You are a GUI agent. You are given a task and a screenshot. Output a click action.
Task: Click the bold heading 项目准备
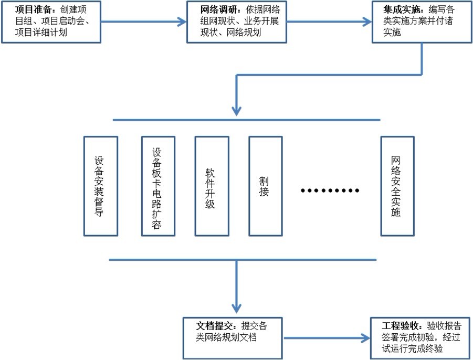(33, 9)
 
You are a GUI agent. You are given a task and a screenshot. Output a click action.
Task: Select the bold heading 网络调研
(218, 9)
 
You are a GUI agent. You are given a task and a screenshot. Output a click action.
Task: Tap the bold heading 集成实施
(402, 9)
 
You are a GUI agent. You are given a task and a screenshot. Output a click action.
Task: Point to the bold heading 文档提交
(214, 326)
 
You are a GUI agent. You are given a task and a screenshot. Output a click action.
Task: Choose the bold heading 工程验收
(400, 326)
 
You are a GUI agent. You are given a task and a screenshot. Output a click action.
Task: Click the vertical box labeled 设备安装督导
(100, 186)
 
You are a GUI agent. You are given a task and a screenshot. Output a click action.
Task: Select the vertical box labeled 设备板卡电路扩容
(158, 186)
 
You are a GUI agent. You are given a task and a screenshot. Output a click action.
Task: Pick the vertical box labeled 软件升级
(212, 186)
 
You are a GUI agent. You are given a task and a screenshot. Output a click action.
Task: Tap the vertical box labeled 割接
(266, 186)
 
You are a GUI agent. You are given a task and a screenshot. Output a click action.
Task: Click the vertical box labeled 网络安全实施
(397, 186)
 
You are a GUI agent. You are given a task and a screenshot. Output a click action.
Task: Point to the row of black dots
(330, 190)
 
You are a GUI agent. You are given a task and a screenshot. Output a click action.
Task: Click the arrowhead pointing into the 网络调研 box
(182, 22)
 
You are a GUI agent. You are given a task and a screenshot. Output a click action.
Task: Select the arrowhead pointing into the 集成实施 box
(367, 22)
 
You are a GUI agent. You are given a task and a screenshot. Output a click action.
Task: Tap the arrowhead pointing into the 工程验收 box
(365, 338)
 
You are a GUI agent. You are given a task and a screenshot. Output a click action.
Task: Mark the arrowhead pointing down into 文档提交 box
(236, 309)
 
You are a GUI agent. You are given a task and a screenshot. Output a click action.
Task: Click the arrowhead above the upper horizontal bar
(236, 111)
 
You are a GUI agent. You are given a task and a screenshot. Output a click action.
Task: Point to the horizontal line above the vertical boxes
(246, 120)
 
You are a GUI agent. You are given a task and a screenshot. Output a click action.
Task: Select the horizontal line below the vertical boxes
(243, 260)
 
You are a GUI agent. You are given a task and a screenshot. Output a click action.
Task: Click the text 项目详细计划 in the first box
(41, 33)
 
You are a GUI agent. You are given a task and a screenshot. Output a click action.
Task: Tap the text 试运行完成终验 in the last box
(413, 349)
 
